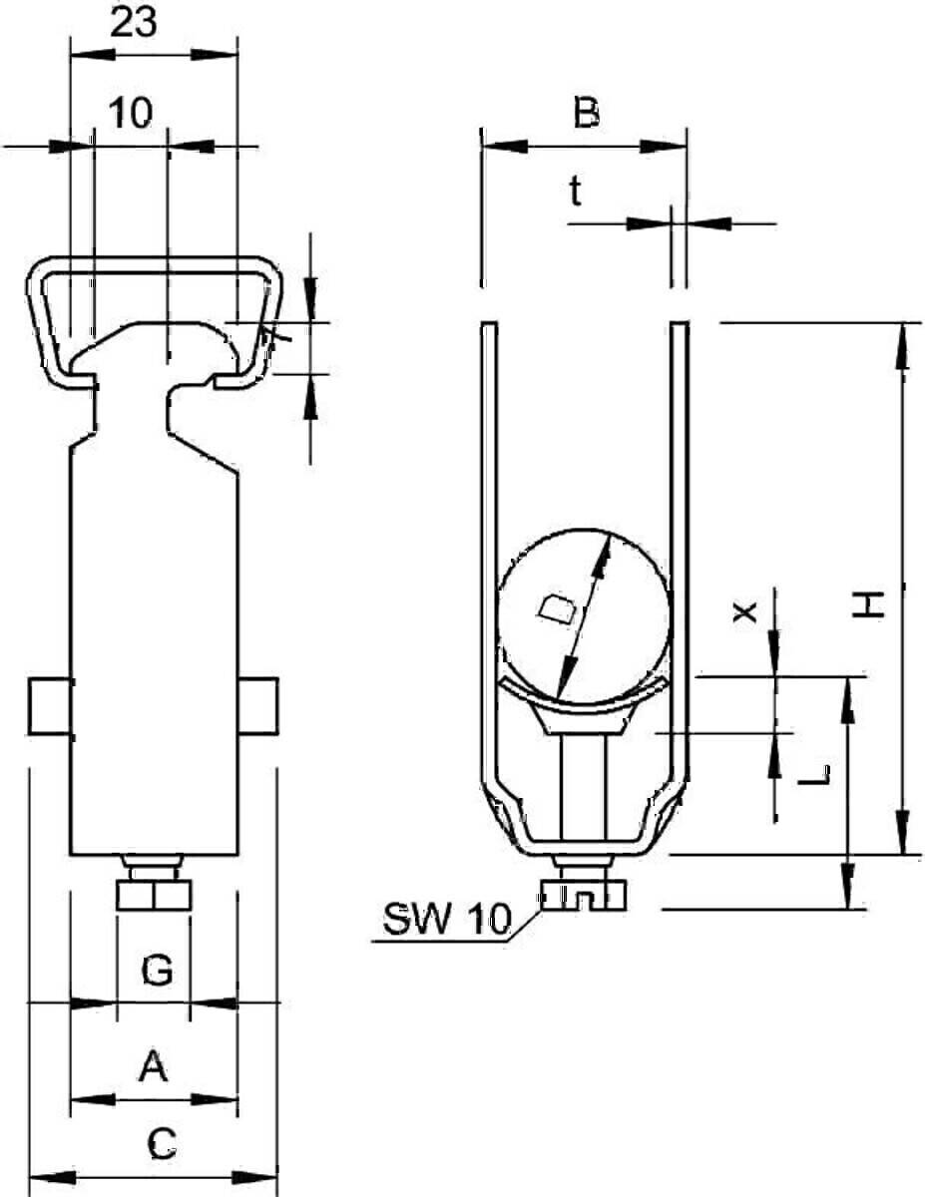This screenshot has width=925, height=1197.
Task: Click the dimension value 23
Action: [134, 23]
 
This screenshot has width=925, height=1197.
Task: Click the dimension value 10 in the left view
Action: [131, 113]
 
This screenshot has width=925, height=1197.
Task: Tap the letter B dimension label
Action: [586, 113]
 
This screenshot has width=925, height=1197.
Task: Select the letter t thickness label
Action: [575, 192]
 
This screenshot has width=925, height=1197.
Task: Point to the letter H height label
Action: [869, 604]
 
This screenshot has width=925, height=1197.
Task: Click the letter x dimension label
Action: [744, 611]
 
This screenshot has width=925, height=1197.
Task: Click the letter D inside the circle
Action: [557, 609]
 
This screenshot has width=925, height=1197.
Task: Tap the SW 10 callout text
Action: [447, 919]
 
